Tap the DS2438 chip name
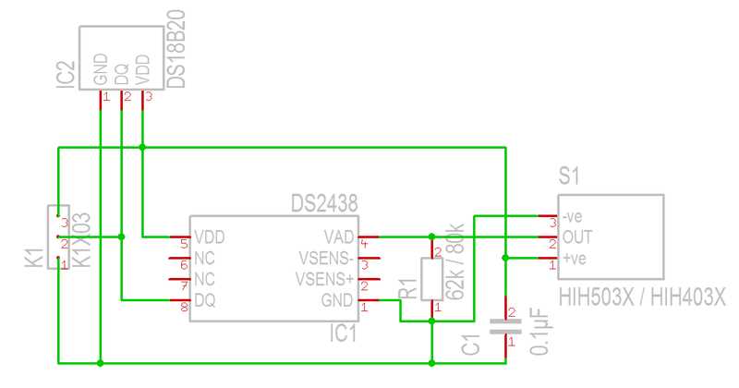(x=323, y=201)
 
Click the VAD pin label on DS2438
(x=338, y=236)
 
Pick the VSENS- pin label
(x=325, y=258)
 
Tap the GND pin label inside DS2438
(x=337, y=300)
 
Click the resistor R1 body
(x=431, y=279)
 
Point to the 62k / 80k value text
(x=454, y=261)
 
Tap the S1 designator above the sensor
(x=569, y=176)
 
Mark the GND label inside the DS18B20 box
(x=101, y=70)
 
